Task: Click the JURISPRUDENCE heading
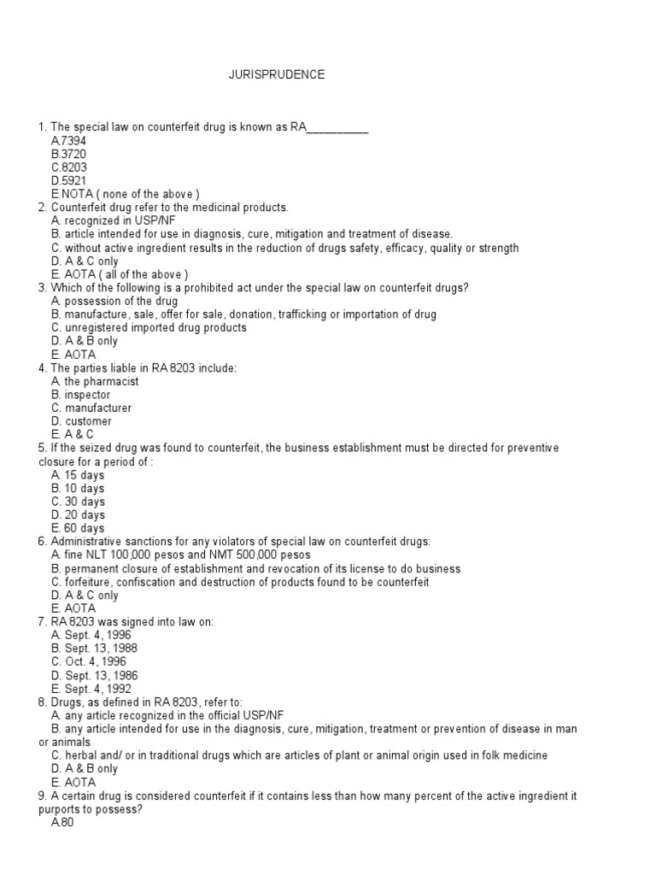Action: click(276, 75)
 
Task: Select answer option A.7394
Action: click(68, 141)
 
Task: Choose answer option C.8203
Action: click(69, 167)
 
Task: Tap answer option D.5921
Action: click(69, 181)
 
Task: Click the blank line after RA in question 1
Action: click(337, 128)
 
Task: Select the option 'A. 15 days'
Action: click(78, 475)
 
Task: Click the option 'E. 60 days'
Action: click(78, 528)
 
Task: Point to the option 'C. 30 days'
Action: click(78, 502)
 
